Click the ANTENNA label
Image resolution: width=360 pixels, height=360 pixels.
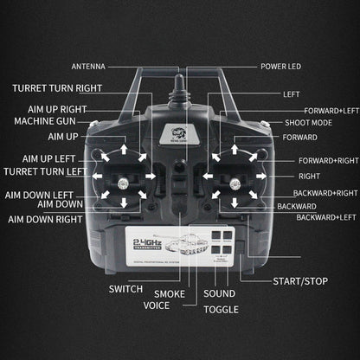[x=89, y=66]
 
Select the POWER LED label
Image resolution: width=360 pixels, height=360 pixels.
[x=282, y=66]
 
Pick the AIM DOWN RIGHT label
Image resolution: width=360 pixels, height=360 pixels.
[x=45, y=220]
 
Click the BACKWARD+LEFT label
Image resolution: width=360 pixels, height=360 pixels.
[x=327, y=217]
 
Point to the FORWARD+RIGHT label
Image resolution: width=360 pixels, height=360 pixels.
[x=326, y=161]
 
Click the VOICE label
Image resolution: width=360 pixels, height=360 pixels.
[x=157, y=305]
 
